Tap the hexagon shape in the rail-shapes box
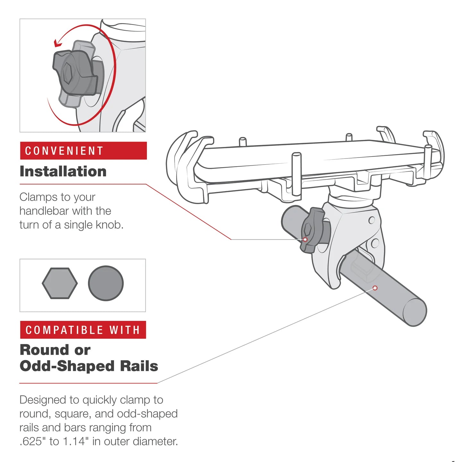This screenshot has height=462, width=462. tap(60, 283)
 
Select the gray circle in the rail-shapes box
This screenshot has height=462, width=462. tap(106, 283)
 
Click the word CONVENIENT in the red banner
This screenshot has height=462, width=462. tap(64, 151)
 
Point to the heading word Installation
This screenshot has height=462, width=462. tap(63, 171)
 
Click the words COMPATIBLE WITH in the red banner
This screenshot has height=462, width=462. tap(83, 330)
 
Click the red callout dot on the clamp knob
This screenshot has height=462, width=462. tap(305, 240)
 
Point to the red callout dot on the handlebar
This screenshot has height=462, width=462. tap(375, 288)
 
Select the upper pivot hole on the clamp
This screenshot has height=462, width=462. tap(372, 220)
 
